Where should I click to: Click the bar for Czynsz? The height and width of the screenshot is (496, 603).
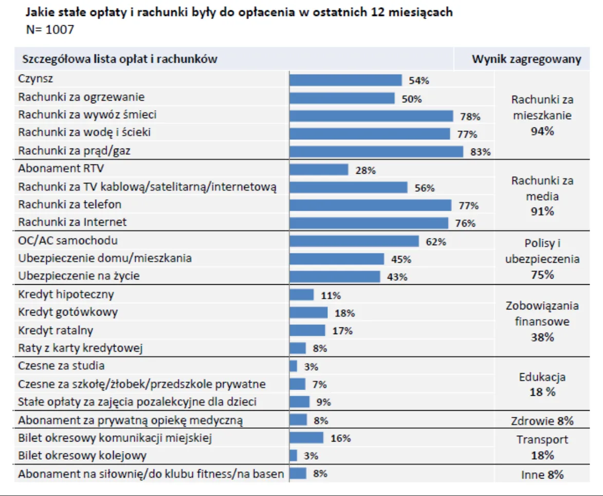coord(345,80)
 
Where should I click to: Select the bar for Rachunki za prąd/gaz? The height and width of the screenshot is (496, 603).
coord(376,151)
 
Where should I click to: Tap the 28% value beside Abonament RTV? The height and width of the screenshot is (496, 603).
coord(366,171)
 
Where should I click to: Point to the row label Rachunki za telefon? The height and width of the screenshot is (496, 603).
coord(70,205)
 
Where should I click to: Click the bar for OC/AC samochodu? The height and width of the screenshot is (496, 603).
coord(354,241)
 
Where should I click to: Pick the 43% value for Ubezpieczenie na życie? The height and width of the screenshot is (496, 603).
coord(397,277)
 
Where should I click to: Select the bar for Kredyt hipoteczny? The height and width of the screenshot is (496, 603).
coord(302,295)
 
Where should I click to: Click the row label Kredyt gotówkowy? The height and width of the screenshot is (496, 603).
coord(68,312)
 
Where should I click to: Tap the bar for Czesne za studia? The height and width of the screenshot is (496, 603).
coord(294,366)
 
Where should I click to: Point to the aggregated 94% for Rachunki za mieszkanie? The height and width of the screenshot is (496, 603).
coord(542,132)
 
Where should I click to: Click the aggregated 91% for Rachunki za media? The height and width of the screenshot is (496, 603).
coord(542,211)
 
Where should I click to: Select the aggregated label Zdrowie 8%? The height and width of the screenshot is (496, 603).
coord(542,421)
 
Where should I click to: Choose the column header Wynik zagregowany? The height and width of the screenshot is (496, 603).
coord(526,59)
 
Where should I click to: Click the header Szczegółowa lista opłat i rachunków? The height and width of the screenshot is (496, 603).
coord(120,59)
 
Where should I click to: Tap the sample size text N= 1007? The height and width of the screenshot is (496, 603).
coord(50,30)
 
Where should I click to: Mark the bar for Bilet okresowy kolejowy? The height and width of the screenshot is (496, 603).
coord(294,456)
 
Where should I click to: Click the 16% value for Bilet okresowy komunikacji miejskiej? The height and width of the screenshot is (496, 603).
coord(340,438)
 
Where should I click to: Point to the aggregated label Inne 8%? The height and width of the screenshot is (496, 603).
coord(542,474)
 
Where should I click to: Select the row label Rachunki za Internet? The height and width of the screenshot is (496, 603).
coord(72,223)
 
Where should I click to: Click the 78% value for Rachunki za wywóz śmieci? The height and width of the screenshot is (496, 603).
coord(470,117)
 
